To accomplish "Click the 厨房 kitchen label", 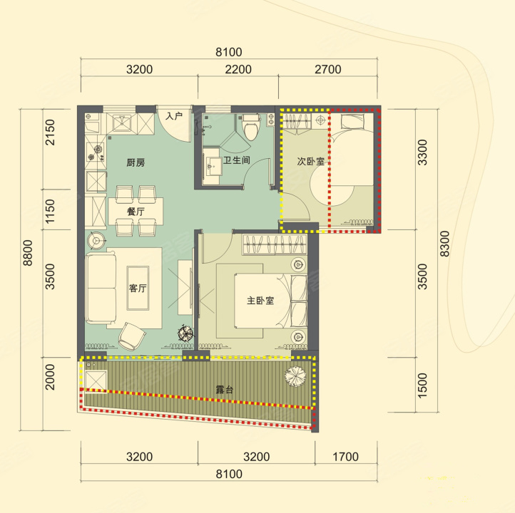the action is pyautogui.click(x=136, y=162).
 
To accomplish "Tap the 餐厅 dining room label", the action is pyautogui.click(x=136, y=211).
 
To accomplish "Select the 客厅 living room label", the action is pyautogui.click(x=138, y=288).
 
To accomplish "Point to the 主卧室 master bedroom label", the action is pyautogui.click(x=260, y=301).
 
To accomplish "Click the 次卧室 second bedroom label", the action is pyautogui.click(x=311, y=161).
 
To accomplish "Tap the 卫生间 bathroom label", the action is pyautogui.click(x=237, y=160).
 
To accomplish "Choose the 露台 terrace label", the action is pyautogui.click(x=225, y=389).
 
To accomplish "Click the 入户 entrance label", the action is pyautogui.click(x=174, y=116).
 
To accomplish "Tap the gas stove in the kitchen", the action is pyautogui.click(x=96, y=153).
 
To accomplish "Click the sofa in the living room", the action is pyautogui.click(x=101, y=288).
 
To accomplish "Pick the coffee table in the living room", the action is pyautogui.click(x=138, y=288).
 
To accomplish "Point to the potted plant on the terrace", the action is pyautogui.click(x=295, y=375).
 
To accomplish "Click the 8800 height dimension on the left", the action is pyautogui.click(x=28, y=253).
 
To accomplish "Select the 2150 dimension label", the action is pyautogui.click(x=50, y=133).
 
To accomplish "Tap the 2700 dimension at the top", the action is pyautogui.click(x=328, y=70).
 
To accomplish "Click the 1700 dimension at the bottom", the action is pyautogui.click(x=345, y=457).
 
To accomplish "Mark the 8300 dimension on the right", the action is pyautogui.click(x=444, y=244).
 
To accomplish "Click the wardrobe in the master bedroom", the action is pyautogui.click(x=275, y=244).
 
